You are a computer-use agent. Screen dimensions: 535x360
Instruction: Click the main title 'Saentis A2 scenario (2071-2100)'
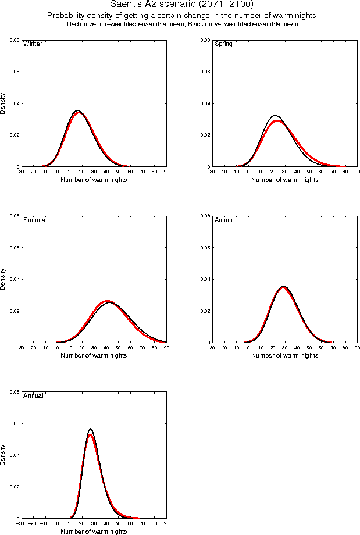tap(181, 5)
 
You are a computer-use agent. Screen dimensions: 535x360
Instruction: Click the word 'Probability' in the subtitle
tap(65, 16)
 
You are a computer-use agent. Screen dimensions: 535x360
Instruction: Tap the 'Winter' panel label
tap(32, 44)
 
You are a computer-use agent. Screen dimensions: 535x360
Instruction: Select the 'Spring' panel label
tap(223, 44)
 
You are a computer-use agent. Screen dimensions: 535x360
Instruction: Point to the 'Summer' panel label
tap(35, 220)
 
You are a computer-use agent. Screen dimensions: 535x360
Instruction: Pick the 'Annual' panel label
tap(33, 396)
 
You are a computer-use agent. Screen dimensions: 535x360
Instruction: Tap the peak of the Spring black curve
tap(275, 115)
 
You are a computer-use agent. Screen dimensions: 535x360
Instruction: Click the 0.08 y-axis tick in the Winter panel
tap(14, 40)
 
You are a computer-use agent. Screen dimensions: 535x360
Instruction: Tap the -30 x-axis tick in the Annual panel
tap(20, 523)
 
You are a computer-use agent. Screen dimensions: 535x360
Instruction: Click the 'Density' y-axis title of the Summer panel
tap(4, 279)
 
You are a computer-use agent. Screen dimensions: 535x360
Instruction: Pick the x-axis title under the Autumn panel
tap(285, 355)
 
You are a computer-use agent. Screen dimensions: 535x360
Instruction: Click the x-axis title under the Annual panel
tap(94, 531)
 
